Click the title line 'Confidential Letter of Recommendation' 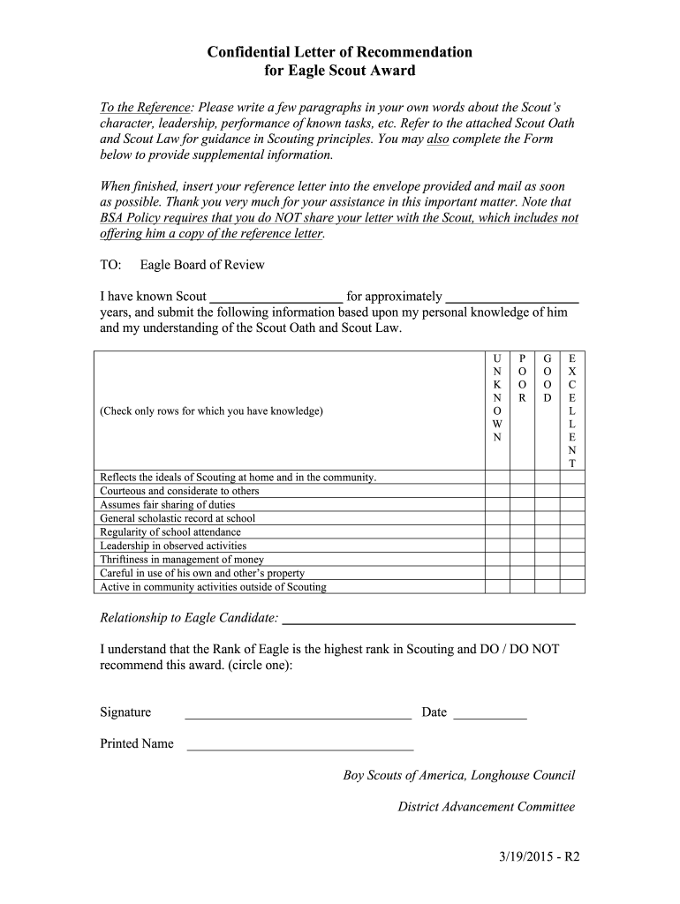click(339, 52)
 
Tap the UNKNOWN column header click(496, 397)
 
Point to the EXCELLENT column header click(572, 411)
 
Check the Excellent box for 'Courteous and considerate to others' click(572, 491)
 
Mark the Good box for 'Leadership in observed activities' click(548, 546)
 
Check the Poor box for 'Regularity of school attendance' click(522, 532)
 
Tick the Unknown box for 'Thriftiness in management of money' click(496, 560)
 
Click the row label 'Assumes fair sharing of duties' click(168, 505)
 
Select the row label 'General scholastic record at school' click(178, 518)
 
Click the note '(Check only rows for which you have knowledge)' click(211, 411)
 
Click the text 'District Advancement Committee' click(486, 806)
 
